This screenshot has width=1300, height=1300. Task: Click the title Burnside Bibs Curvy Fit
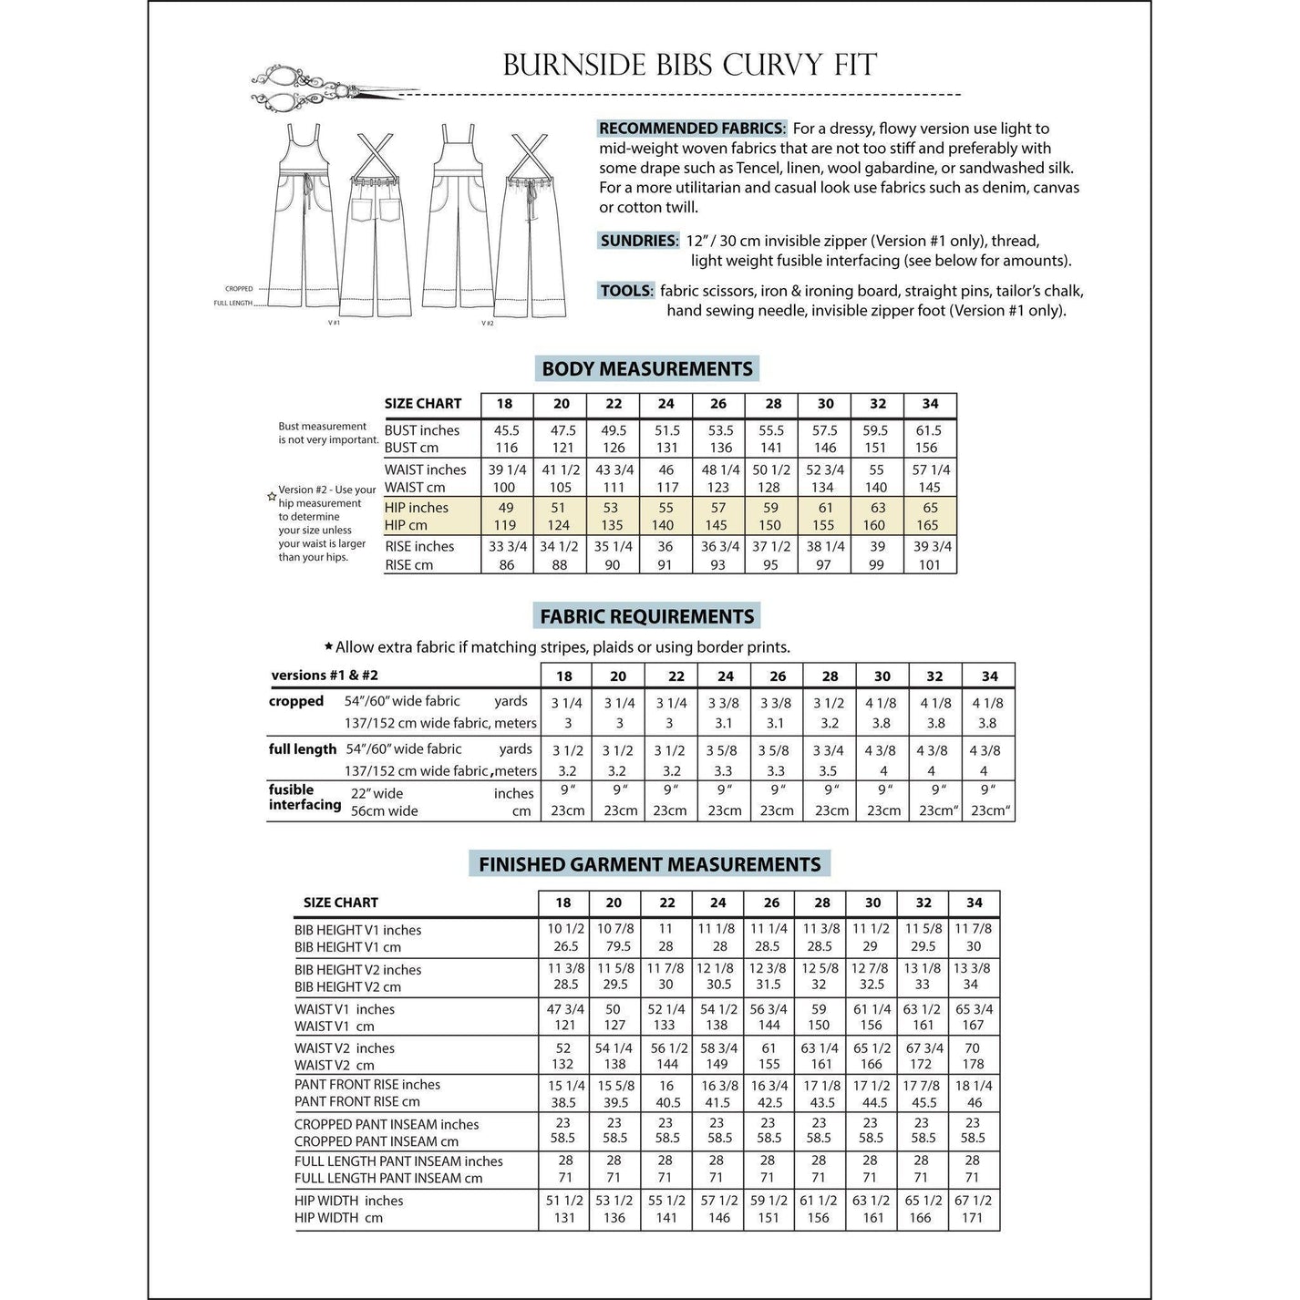(689, 65)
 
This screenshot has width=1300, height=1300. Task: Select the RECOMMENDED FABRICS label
(692, 129)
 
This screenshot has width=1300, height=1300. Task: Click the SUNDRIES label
(639, 241)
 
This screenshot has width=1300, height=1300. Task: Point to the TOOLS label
(626, 291)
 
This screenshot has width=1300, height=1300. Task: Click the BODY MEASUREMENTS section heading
(647, 369)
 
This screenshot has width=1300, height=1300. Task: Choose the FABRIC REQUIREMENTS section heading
(647, 616)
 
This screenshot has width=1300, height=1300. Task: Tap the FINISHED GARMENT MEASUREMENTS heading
(649, 864)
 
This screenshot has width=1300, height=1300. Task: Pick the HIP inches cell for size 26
(718, 508)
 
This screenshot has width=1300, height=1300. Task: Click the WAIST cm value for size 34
(929, 488)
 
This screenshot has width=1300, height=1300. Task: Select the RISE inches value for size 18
(507, 546)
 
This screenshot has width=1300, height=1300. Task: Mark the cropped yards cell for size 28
(830, 703)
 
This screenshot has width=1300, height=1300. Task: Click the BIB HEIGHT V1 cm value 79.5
(614, 946)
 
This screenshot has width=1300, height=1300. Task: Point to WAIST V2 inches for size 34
(973, 1048)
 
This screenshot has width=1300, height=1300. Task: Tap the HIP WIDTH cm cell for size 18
(564, 1218)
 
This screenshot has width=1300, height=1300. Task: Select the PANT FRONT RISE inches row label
(367, 1085)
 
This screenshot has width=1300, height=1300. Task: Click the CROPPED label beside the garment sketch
(239, 289)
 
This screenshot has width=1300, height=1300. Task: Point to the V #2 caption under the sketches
(488, 323)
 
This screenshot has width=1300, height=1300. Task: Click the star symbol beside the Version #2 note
(272, 497)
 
